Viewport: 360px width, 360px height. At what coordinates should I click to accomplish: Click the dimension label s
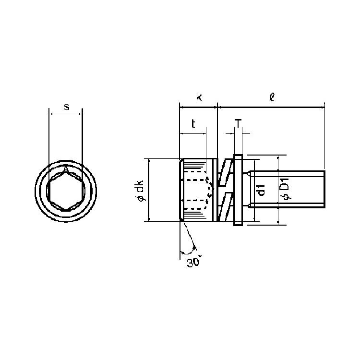pos(67,107)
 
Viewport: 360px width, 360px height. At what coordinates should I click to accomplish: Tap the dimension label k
pos(199,97)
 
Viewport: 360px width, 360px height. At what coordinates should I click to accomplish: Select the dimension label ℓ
pos(272,97)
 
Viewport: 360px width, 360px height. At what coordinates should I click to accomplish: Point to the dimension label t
pos(193,123)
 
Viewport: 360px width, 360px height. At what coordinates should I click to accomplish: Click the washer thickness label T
pos(239,123)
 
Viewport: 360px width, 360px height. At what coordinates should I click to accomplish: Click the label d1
pos(261,190)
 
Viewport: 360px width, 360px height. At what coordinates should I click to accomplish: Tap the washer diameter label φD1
pos(285,189)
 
